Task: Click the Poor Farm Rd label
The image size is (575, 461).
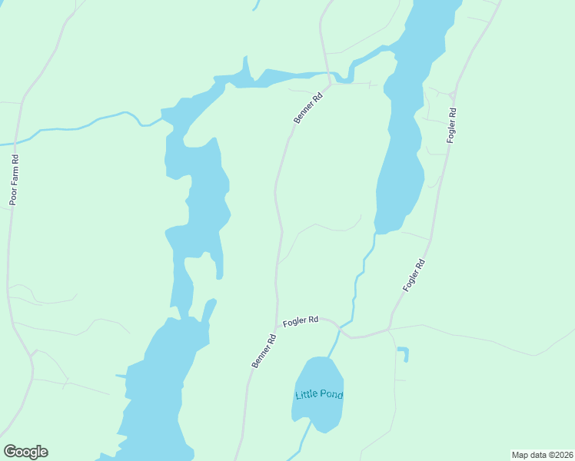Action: [x=14, y=181]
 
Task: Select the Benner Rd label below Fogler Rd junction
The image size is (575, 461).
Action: [x=263, y=351]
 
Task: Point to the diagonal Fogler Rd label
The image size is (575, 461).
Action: [x=414, y=275]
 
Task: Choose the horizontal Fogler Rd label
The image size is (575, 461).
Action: [x=301, y=321]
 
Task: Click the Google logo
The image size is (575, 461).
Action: [x=25, y=452]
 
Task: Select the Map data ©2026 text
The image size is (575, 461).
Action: [x=542, y=455]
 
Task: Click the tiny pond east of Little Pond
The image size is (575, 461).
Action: [x=404, y=353]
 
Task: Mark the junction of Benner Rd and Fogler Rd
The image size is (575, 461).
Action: [x=275, y=326]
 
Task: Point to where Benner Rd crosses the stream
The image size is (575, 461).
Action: [x=331, y=77]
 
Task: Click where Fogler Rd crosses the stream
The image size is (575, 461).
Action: [x=339, y=330]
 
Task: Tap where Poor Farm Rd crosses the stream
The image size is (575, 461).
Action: [x=17, y=142]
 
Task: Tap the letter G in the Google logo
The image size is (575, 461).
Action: [x=10, y=452]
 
